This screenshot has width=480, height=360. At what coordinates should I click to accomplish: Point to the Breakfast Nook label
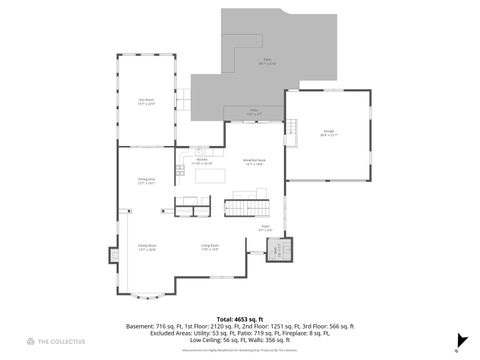[x=253, y=162]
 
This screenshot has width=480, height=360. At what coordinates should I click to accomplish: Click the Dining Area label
[x=146, y=181]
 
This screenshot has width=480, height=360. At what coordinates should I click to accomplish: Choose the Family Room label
[x=146, y=246]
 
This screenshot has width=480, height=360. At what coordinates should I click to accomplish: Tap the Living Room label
[x=210, y=246]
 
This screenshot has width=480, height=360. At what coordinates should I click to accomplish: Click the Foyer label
[x=267, y=229]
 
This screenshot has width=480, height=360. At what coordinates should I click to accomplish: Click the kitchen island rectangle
[x=211, y=177]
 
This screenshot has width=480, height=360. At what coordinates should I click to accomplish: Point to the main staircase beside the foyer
[x=246, y=208]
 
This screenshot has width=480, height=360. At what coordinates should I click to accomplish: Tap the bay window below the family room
[x=146, y=294]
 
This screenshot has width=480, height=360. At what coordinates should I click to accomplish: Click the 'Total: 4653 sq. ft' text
[x=239, y=318]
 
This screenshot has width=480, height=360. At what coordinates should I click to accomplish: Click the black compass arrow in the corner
[x=462, y=339]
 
